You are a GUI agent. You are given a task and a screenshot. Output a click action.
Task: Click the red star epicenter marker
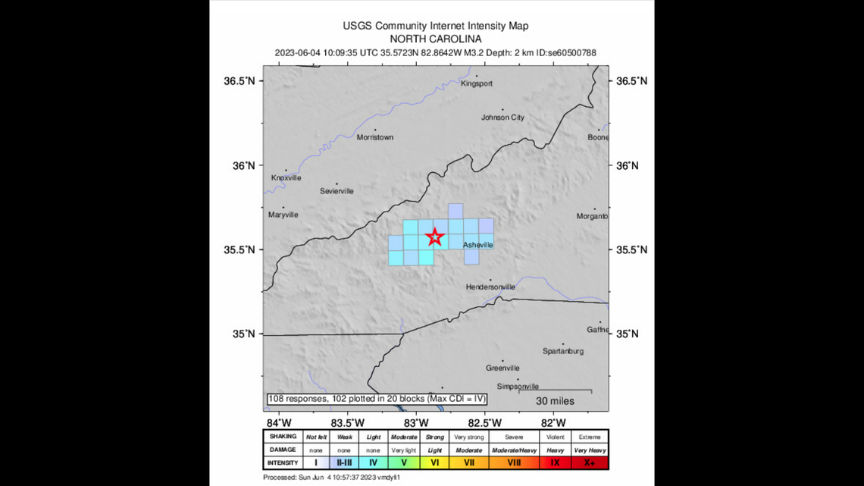click(434, 237)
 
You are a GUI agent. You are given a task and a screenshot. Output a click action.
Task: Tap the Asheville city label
click(477, 245)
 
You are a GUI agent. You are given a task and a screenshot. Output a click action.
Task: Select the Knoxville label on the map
click(286, 178)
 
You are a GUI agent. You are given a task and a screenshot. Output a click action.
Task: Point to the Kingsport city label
click(476, 83)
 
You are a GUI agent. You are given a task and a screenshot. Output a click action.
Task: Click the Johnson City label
click(502, 118)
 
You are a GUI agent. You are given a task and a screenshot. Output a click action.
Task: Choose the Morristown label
click(374, 137)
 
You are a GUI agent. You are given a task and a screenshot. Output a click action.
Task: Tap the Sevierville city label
click(337, 191)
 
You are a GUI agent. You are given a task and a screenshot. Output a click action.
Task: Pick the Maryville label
click(283, 215)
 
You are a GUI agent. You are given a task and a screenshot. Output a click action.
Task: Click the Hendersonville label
click(490, 287)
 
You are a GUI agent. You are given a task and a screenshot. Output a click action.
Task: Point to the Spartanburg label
click(562, 351)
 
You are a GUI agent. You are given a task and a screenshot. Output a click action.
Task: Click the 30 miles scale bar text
click(555, 400)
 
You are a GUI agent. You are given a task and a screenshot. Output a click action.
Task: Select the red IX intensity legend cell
click(555, 462)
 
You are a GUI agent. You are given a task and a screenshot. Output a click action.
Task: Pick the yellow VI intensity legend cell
click(434, 462)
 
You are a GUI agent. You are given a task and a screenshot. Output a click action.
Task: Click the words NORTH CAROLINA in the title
click(435, 39)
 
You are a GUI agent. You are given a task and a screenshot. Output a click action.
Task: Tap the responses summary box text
click(376, 399)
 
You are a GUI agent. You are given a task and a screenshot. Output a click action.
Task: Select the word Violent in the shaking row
click(555, 437)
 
